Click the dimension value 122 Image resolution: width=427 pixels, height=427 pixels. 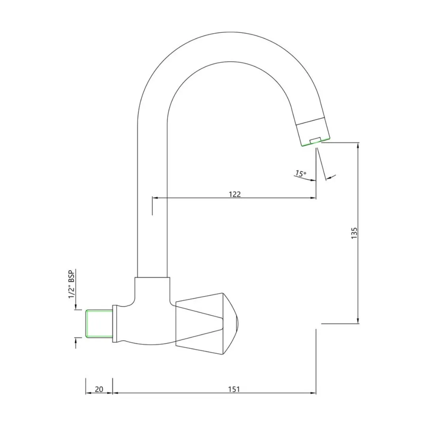[235, 194]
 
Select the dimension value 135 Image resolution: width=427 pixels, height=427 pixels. [354, 233]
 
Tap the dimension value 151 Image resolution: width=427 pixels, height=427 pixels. [234, 389]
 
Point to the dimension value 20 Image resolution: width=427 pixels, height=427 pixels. [99, 389]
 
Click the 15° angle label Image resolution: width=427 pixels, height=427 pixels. [301, 174]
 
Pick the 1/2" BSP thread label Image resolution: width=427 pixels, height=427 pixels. [71, 284]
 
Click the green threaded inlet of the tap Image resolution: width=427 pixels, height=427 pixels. [99, 323]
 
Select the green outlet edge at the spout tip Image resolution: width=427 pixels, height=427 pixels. [316, 142]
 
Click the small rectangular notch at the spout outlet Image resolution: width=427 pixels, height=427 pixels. [316, 140]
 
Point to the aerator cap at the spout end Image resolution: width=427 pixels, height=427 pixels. [313, 132]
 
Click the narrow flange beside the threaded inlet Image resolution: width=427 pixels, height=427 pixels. [115, 323]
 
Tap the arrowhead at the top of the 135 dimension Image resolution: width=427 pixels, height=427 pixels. [358, 145]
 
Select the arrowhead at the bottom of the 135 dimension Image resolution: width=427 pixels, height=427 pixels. [358, 321]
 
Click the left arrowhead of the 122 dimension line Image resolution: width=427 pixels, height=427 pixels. [155, 198]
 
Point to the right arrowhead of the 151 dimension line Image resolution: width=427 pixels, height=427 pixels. [313, 393]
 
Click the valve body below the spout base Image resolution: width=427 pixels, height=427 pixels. [147, 313]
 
